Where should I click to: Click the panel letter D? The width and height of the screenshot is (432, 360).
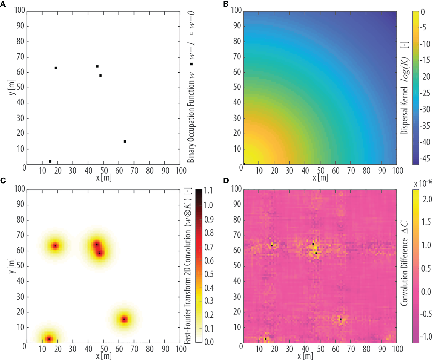click(226, 181)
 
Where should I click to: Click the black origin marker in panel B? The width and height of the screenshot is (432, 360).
click(244, 164)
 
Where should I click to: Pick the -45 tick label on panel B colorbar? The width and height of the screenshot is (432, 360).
click(425, 159)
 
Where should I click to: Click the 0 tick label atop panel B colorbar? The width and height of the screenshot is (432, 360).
click(423, 12)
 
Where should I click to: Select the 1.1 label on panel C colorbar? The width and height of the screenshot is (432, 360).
click(208, 191)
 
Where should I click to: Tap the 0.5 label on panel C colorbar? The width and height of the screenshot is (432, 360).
click(209, 274)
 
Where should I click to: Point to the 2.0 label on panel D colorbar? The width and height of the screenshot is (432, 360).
click(427, 199)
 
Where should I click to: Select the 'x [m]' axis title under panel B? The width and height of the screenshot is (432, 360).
click(320, 178)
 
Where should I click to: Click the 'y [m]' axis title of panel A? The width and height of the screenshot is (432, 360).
click(12, 87)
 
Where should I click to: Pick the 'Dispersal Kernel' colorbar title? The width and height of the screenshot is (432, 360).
click(405, 111)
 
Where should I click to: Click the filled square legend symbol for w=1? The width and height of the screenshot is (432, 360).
click(191, 64)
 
